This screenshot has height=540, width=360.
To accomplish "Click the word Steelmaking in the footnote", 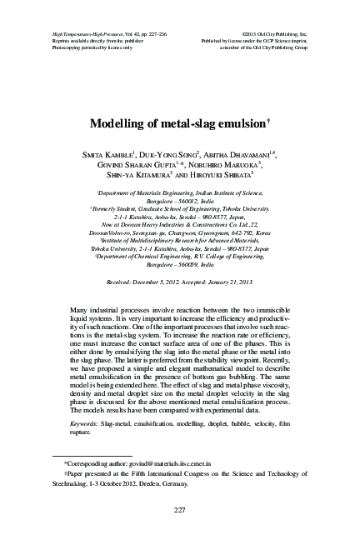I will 71,482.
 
